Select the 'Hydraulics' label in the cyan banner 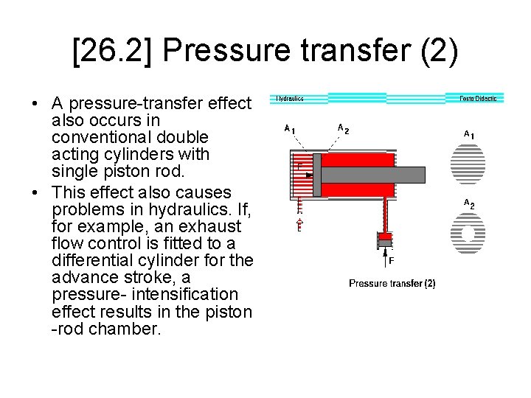290,98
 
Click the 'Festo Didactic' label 478,98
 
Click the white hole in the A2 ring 468,234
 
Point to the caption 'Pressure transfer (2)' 392,283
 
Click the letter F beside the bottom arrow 392,260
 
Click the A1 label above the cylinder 291,128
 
